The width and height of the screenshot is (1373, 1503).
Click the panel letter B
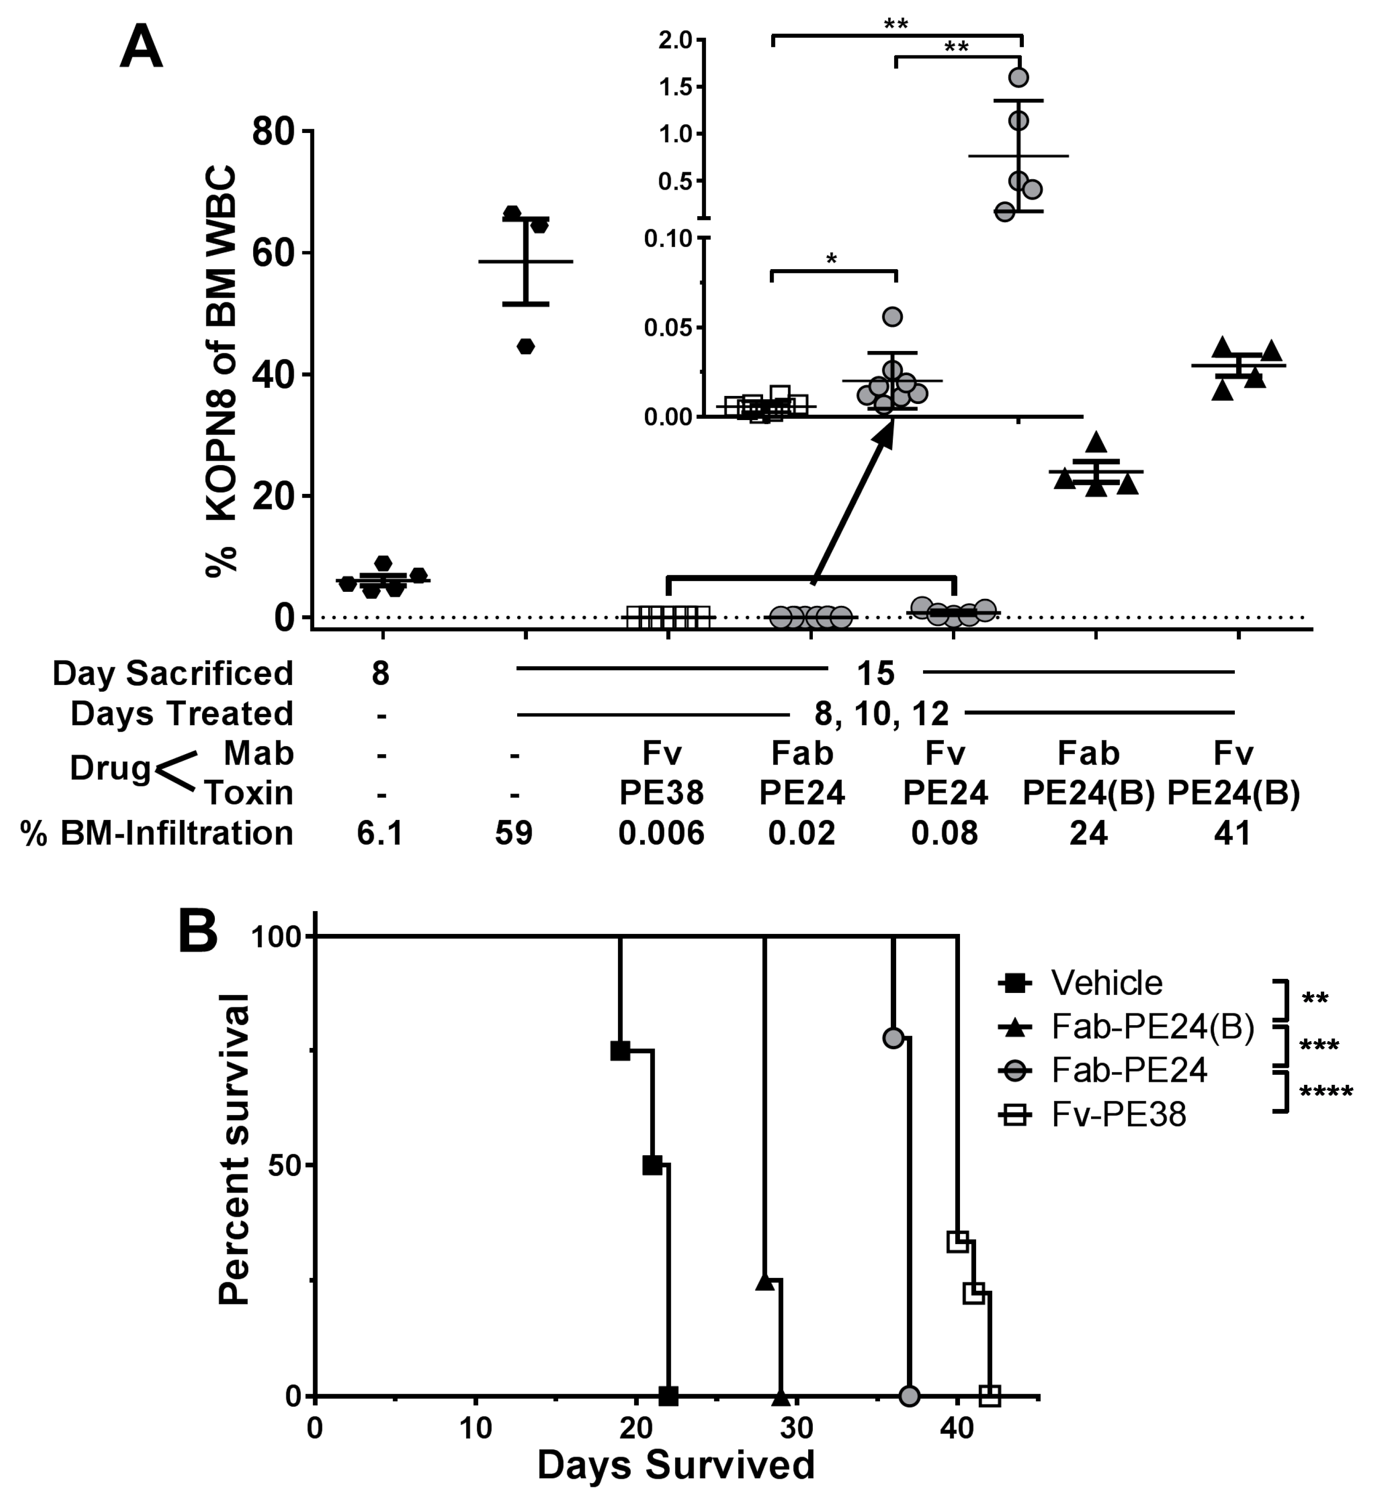coord(198,932)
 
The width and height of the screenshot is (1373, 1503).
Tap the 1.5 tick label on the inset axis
coord(676,87)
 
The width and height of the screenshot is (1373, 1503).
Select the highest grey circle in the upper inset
coord(1019,77)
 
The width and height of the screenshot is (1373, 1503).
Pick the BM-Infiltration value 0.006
coord(661,833)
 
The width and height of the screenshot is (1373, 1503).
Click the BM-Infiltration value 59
coord(514,833)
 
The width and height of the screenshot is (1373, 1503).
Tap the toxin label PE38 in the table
coord(661,792)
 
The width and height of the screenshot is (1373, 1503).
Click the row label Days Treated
coord(182,713)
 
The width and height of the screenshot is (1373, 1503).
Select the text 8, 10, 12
coord(881,713)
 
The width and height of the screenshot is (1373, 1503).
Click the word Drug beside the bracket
coord(110,768)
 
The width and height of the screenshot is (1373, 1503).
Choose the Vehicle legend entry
coord(1106,984)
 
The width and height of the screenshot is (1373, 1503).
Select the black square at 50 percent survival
coord(652,1165)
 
